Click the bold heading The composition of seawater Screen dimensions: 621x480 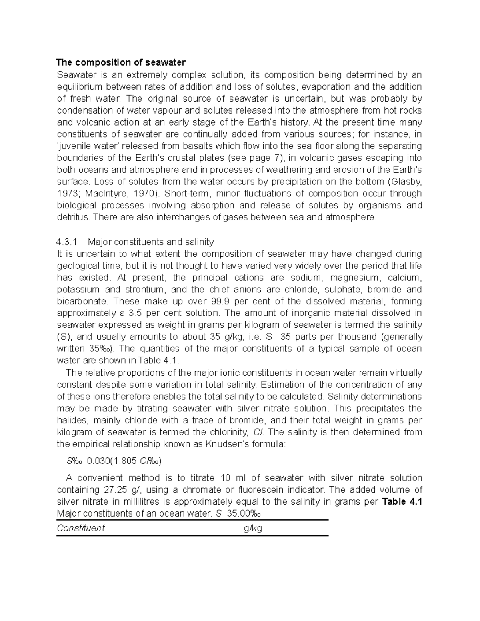pyautogui.click(x=121, y=62)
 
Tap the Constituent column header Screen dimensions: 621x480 pyautogui.click(x=81, y=528)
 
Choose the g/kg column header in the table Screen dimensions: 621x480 pyautogui.click(x=253, y=528)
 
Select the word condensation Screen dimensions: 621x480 pyautogui.click(x=82, y=110)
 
